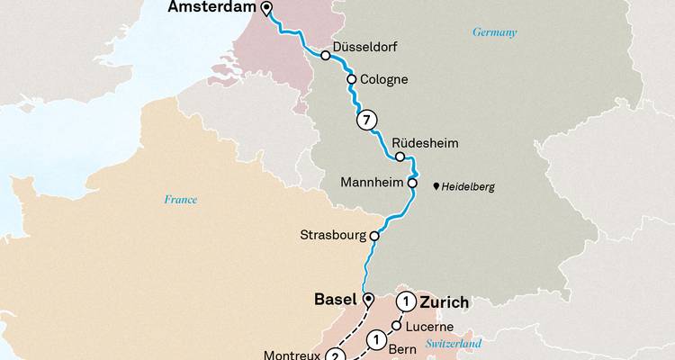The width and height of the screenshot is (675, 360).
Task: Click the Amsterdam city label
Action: (x=211, y=9)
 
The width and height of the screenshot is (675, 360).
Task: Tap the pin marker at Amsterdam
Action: (x=266, y=10)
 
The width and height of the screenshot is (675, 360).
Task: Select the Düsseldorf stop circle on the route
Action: (x=325, y=55)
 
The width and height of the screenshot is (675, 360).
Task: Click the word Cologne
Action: (x=383, y=79)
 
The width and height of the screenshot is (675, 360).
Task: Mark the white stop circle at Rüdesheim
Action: (x=400, y=157)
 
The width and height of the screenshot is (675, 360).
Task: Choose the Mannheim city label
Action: (x=373, y=183)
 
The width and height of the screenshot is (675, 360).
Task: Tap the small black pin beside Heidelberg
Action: (x=437, y=186)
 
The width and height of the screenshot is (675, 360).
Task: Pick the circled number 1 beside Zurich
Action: (x=409, y=301)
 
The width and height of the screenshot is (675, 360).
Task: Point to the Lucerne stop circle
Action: (x=396, y=326)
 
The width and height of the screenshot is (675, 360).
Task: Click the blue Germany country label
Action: (x=495, y=32)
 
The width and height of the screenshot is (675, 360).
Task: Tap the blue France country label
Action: (x=180, y=200)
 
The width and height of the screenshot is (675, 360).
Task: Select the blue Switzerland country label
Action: (x=454, y=344)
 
